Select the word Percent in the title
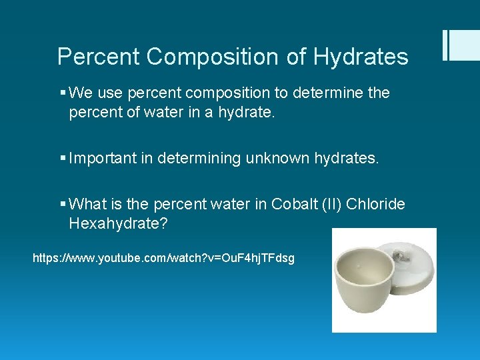[99, 57]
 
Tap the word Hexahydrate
[115, 223]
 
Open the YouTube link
[163, 257]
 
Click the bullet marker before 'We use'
[61, 93]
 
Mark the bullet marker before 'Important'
[61, 159]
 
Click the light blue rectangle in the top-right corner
[464, 45]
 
